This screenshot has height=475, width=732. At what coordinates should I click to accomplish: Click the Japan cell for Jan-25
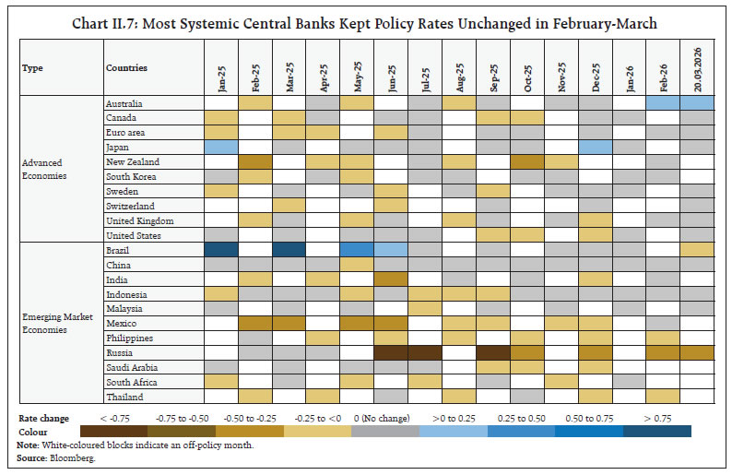tap(220, 147)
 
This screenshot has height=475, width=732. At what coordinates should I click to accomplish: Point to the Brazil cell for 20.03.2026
tap(697, 250)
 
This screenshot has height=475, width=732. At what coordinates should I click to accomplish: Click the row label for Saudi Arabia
tap(132, 367)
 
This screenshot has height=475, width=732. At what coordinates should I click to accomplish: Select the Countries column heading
tap(127, 67)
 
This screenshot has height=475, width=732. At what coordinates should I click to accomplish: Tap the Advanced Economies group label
tap(44, 169)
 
